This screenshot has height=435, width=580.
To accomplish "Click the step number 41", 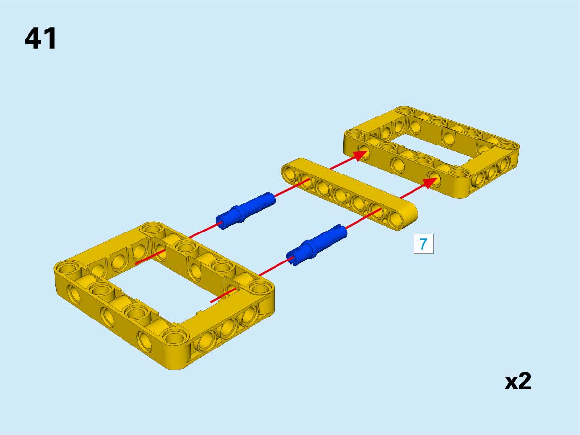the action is (x=40, y=38).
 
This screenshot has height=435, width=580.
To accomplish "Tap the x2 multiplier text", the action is (x=518, y=381).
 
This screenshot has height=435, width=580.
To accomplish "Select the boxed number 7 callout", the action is (x=423, y=244).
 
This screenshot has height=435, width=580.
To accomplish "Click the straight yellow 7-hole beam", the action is (x=349, y=194).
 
